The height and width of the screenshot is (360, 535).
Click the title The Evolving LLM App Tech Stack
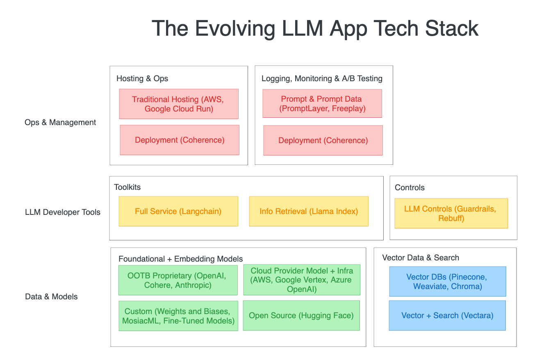315,29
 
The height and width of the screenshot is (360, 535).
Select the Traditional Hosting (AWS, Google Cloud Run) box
179,104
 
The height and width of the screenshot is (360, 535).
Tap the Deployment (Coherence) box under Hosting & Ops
180,140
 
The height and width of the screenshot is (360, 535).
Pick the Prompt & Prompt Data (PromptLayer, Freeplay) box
322,104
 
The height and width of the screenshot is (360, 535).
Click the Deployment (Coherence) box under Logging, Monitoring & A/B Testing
323,141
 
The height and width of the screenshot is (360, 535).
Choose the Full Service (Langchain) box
178,212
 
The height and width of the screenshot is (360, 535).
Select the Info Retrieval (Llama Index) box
309,212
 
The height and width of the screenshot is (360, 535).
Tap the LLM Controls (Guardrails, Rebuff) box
451,214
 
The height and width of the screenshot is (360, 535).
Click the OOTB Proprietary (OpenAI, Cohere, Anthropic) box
178,280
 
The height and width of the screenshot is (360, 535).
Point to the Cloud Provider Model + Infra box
302,280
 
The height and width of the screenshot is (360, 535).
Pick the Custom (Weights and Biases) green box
178,316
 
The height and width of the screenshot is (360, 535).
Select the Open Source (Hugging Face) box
301,316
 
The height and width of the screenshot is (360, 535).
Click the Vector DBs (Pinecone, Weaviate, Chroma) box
448,282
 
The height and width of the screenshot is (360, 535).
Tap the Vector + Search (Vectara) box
447,316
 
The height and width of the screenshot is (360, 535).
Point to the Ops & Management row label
60,123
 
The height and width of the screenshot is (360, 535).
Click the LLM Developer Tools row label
63,212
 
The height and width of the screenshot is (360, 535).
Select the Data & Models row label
51,297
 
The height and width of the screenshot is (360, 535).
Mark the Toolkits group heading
127,187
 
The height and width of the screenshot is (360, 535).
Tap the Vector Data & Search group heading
421,258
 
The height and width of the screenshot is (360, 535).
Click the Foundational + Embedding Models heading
180,259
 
